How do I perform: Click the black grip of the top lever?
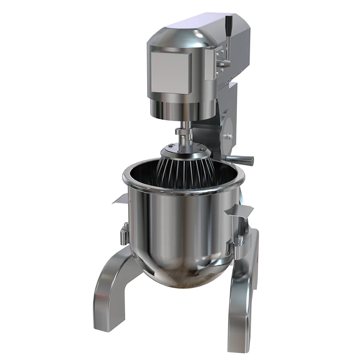[228, 23]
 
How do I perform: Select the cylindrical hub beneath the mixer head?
[182, 108]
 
